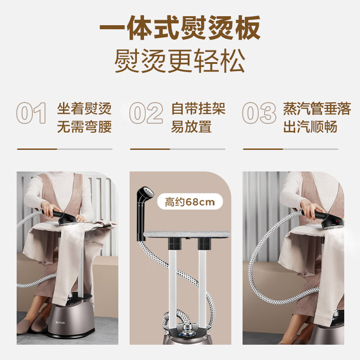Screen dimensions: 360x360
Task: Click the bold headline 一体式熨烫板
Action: point(180,27)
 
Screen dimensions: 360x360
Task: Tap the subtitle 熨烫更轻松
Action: point(180,61)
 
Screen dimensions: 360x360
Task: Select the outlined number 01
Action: point(31,113)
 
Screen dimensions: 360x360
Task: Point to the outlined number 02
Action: point(146,113)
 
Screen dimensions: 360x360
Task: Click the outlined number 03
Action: point(259,113)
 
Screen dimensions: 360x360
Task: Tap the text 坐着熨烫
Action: point(84,108)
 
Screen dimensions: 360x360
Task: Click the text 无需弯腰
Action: point(84,126)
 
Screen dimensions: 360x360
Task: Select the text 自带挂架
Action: point(198,108)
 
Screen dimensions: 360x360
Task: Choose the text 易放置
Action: point(192,126)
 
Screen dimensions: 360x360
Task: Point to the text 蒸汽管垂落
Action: point(317,108)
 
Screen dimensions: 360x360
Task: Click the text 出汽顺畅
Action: point(310,126)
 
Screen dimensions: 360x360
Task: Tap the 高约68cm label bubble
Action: point(190,202)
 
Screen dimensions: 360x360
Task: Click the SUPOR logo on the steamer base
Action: point(60,323)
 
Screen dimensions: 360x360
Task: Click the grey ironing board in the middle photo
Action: point(187,234)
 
